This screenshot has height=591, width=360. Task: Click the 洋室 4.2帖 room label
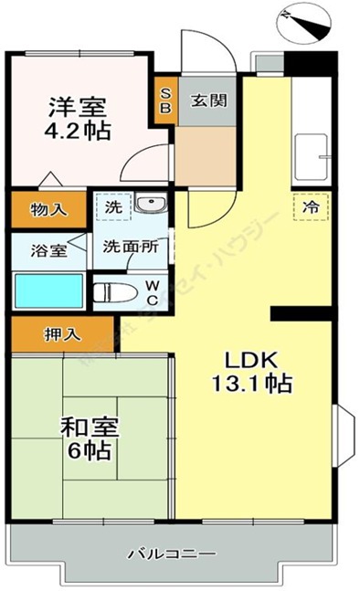click(79, 119)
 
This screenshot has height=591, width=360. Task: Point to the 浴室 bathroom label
click(42, 248)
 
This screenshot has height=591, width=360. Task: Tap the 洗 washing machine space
click(112, 207)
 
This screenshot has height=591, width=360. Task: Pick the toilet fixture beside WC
click(119, 292)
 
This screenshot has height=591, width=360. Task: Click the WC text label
click(153, 292)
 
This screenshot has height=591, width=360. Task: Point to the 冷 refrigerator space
click(311, 207)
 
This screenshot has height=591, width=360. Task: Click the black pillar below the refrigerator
click(301, 314)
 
